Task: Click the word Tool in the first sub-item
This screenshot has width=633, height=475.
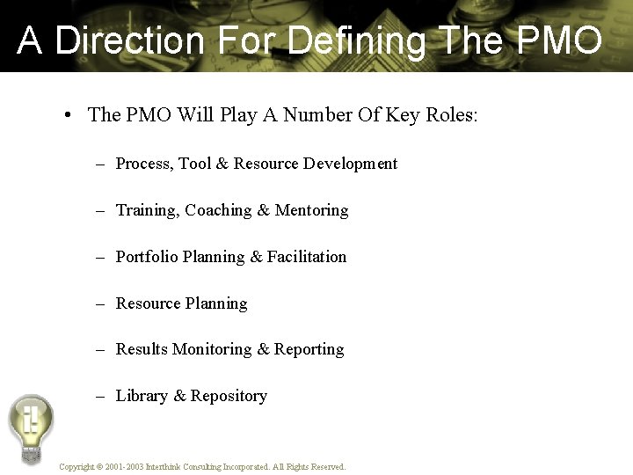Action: tap(194, 164)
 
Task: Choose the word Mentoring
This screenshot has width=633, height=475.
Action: tap(311, 210)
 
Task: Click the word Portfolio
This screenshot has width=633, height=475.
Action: tap(147, 257)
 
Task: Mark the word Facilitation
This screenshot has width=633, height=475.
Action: tap(307, 257)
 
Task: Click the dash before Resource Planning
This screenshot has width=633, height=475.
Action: tap(101, 303)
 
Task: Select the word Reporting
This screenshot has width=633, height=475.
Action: tap(309, 350)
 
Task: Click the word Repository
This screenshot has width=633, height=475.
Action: tap(229, 397)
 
